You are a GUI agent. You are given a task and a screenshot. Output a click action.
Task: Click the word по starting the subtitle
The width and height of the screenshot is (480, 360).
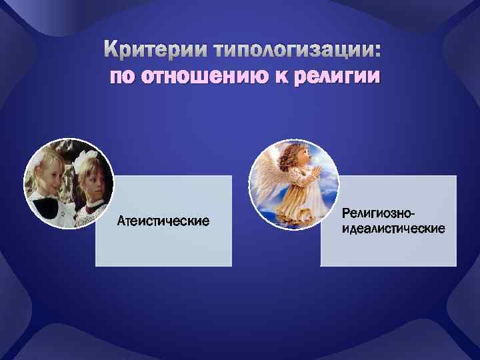click(121, 77)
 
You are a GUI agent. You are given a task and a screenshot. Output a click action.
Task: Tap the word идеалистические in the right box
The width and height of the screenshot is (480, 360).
click(393, 229)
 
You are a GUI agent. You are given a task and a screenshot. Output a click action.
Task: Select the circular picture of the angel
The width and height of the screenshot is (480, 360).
click(293, 183)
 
